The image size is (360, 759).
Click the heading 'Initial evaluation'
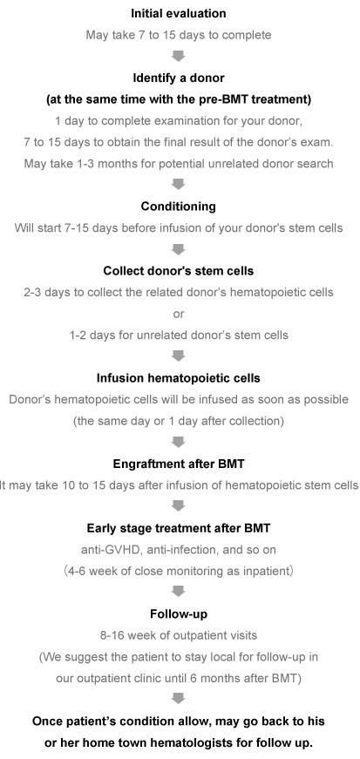[179, 14]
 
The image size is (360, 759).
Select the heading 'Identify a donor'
[179, 78]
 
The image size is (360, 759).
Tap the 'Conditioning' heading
[179, 207]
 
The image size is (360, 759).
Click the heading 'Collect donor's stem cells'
[179, 271]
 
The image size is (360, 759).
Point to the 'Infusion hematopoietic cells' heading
[179, 378]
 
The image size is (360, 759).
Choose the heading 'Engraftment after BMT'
[179, 464]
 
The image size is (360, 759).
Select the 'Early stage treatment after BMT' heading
[179, 528]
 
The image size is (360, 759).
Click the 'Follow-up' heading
[179, 613]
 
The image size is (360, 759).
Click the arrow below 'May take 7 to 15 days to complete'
[179, 56]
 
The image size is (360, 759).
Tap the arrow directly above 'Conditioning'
[179, 185]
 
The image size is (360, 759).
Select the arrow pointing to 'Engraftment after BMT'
[179, 442]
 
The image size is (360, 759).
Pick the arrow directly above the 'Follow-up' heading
[179, 592]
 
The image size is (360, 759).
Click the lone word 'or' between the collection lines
[179, 315]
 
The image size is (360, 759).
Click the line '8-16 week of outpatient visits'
[179, 635]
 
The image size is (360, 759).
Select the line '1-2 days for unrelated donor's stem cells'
[179, 335]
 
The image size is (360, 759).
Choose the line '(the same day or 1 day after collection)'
[179, 421]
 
